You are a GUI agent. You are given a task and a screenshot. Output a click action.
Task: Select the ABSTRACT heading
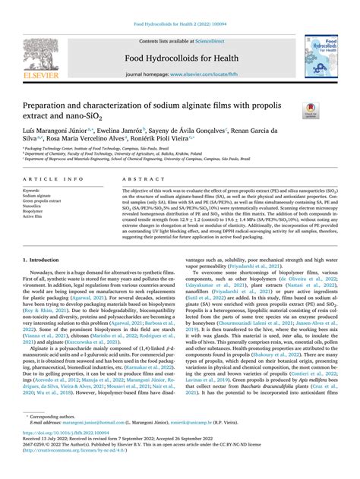tap(137, 179)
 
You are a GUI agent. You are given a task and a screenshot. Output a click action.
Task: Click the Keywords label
tap(31, 191)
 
